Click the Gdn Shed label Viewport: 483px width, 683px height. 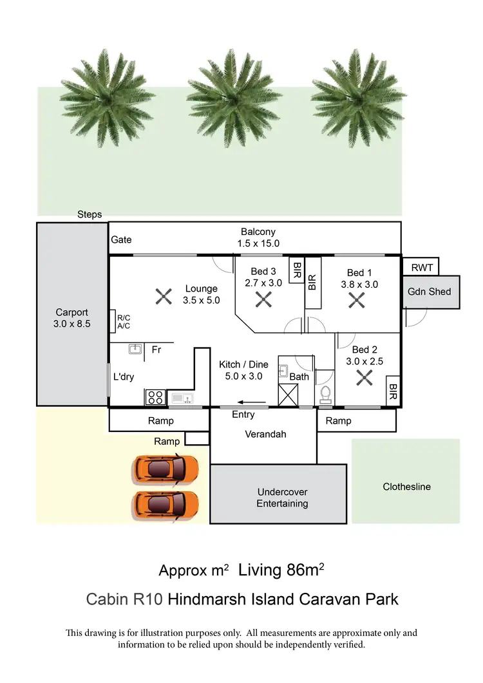429,292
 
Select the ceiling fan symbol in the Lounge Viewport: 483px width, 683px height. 164,297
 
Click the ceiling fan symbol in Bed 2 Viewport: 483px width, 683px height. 365,378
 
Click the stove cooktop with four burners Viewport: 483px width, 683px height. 155,397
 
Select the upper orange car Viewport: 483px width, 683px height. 166,470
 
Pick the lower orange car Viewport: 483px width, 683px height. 166,504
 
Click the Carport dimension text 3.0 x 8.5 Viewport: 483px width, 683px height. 72,324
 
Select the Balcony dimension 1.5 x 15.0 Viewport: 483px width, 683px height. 258,243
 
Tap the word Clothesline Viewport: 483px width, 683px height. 406,487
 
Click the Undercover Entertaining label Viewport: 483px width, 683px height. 282,498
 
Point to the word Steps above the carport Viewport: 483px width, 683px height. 90,214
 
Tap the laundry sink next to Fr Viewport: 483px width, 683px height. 135,350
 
